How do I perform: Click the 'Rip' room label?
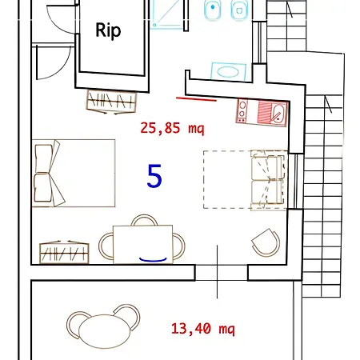click(x=108, y=30)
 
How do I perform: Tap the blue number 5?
click(x=154, y=176)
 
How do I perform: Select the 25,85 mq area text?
click(x=172, y=128)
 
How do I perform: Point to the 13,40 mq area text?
click(x=203, y=329)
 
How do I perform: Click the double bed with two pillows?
click(x=74, y=173)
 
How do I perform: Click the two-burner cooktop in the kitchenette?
click(x=242, y=110)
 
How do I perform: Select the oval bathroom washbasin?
click(x=228, y=71)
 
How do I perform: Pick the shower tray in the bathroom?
click(x=167, y=14)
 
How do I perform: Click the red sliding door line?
click(x=196, y=99)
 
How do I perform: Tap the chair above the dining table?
click(x=144, y=220)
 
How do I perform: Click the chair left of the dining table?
click(x=106, y=246)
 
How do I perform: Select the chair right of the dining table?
click(x=179, y=246)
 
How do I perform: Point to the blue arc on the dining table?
click(x=153, y=260)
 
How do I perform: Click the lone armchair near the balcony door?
click(x=266, y=242)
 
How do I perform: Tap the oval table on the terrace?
click(x=105, y=331)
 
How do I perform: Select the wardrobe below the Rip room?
click(x=111, y=102)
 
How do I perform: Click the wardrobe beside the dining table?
click(x=64, y=252)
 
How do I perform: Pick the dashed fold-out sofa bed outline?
click(x=245, y=179)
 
